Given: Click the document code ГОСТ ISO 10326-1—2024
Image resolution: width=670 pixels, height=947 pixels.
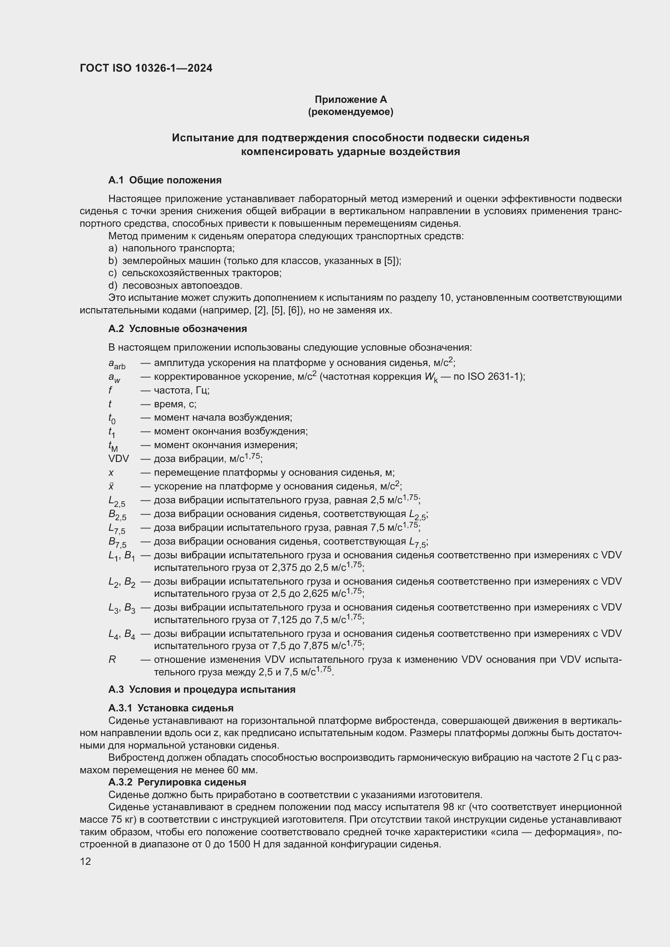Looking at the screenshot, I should coord(146,68).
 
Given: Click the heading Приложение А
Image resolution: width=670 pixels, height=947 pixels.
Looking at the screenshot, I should coord(351,100).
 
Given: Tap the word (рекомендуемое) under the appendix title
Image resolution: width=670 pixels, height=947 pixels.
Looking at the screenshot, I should coord(351,112).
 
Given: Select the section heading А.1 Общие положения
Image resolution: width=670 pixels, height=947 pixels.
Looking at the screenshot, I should coord(165,180).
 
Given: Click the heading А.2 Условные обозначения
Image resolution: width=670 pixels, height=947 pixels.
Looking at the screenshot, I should coord(177,329).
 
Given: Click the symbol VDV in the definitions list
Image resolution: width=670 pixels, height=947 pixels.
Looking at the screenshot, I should coord(118,459).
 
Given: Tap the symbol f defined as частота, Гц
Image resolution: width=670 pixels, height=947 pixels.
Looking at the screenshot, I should coord(110,390).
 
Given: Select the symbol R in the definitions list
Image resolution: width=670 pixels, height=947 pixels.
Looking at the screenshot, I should coord(112,660).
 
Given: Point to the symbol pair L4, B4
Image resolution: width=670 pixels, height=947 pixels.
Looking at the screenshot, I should coord(121,634).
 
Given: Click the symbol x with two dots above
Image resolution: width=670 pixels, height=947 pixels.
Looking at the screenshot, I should coord(111,486).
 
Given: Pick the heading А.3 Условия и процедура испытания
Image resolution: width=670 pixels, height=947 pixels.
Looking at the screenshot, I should coord(202,690).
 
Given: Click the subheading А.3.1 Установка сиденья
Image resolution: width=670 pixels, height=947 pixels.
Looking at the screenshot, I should coord(171,708).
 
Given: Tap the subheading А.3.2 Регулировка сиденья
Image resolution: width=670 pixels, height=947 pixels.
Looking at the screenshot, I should coord(177,783).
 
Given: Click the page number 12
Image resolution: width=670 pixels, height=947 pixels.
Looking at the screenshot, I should coord(85,862).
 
